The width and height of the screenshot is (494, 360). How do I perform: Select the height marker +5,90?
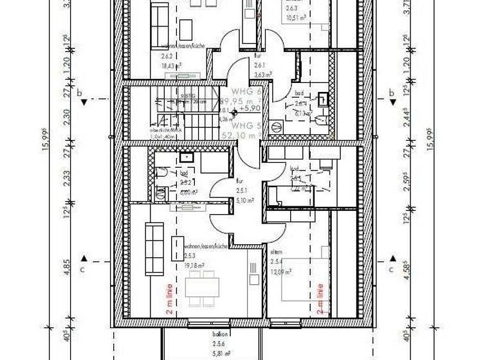[248, 109]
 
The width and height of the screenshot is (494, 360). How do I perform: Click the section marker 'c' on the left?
[82, 269]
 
